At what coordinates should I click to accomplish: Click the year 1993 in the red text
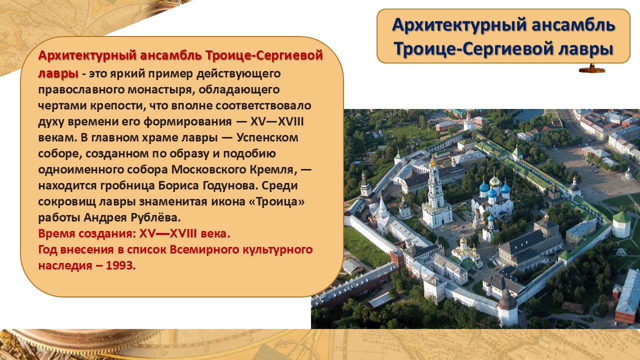coord(120,265)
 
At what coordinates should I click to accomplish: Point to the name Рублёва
coord(155,217)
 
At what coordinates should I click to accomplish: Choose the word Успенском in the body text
coord(267,137)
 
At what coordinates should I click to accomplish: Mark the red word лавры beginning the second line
coord(58,73)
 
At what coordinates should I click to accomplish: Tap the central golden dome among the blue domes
coord(494,181)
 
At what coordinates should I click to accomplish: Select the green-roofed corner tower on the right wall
coord(621,224)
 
